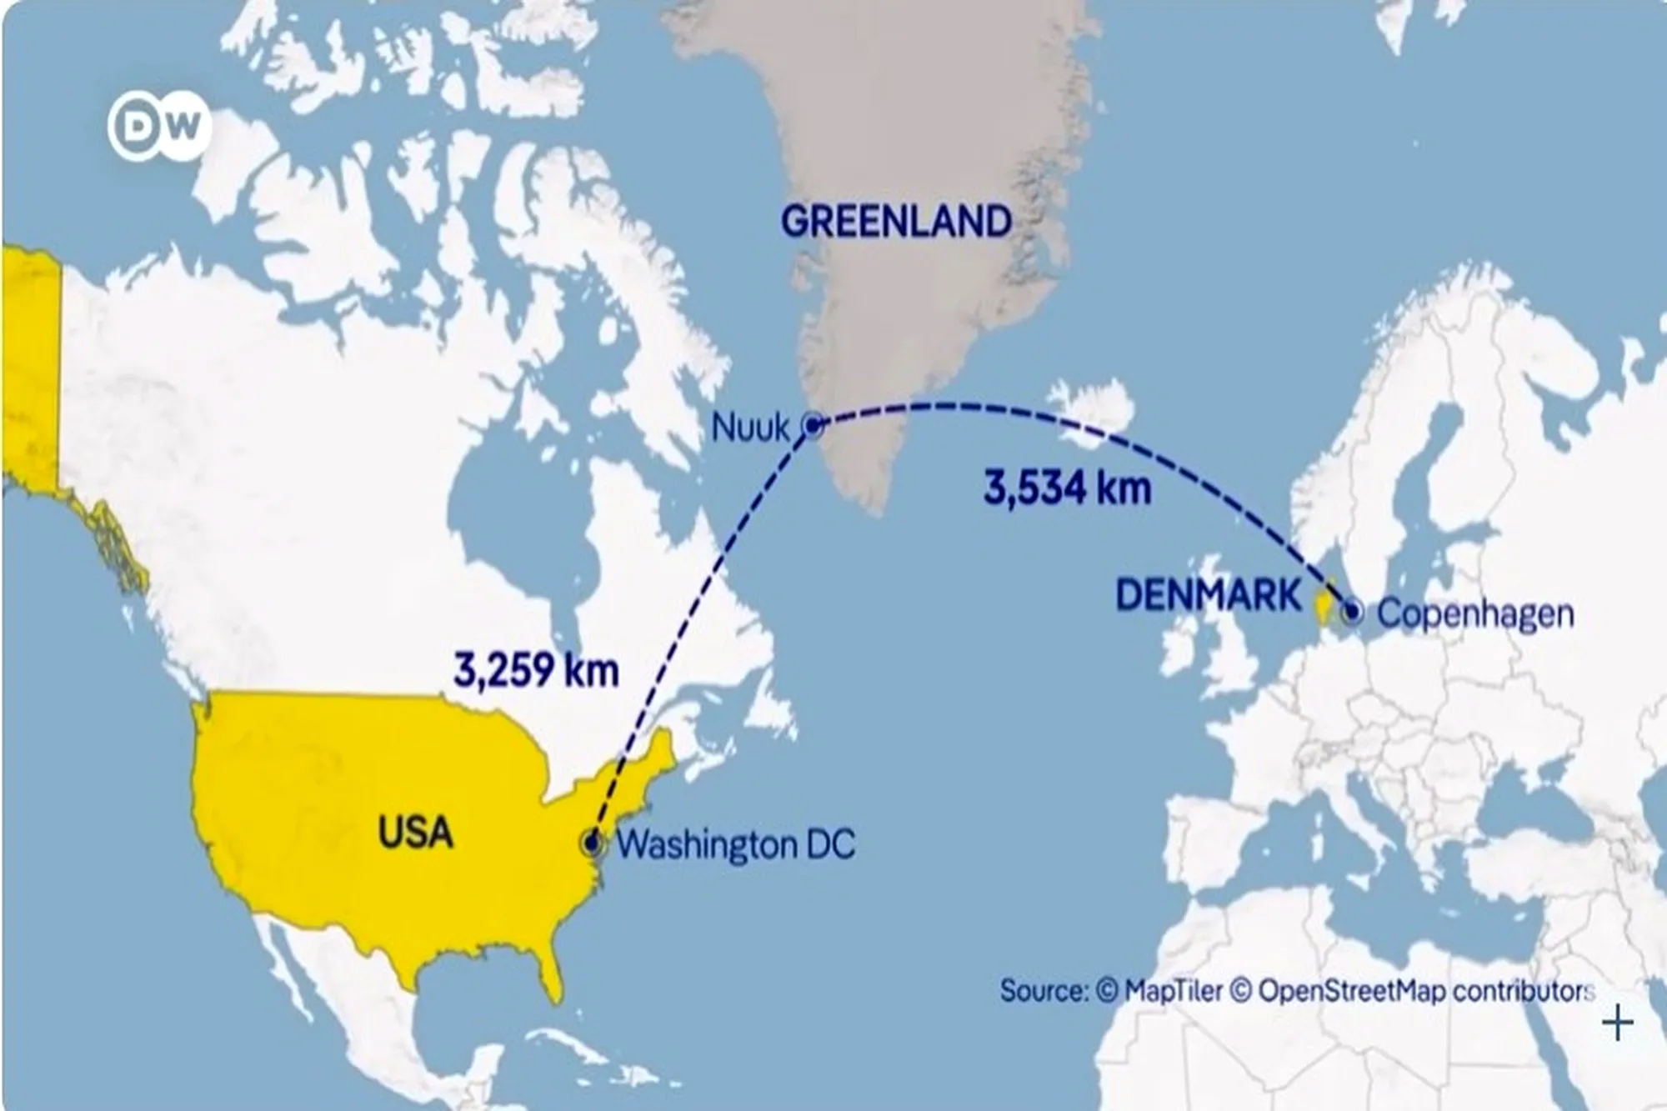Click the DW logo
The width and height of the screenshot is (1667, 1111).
tap(159, 127)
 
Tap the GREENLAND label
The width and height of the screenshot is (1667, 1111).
tap(896, 222)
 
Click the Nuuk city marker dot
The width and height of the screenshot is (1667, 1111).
tap(812, 426)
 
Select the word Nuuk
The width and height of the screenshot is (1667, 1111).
tap(749, 428)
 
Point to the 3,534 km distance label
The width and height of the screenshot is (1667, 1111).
tap(1067, 488)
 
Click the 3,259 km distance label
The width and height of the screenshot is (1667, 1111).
tap(536, 669)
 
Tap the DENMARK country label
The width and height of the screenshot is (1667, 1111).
tap(1208, 595)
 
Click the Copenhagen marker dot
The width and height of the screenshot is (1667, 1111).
tap(1351, 613)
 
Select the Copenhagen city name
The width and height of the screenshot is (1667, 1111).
tap(1475, 614)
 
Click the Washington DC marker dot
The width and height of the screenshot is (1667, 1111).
tap(592, 843)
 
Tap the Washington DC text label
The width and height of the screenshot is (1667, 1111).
tap(736, 844)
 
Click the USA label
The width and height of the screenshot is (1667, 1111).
tap(415, 832)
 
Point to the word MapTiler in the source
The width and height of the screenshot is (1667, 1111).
tap(1173, 991)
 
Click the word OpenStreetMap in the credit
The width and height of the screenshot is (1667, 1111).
tap(1351, 991)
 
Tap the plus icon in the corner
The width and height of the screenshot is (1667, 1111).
tap(1617, 1023)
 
